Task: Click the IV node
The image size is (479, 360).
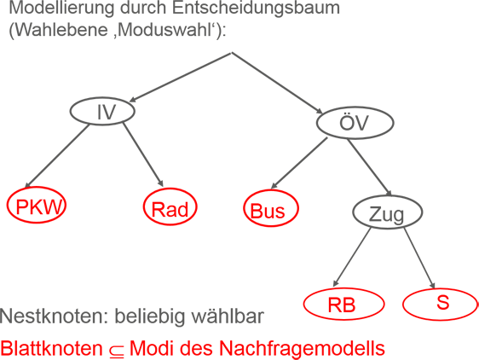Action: tap(102, 111)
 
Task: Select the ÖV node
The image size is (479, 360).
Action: tap(355, 123)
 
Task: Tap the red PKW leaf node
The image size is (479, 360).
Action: tap(37, 205)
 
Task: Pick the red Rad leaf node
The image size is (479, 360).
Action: tap(170, 207)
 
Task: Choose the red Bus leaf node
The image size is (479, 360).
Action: tap(271, 208)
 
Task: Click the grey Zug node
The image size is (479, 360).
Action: tap(388, 212)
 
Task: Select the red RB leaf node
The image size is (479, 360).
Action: tap(343, 304)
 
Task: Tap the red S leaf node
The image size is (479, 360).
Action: tap(440, 304)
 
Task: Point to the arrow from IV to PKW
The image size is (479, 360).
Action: tap(57, 155)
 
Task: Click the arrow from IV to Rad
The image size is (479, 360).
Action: tap(143, 154)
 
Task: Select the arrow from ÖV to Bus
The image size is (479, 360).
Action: tap(299, 163)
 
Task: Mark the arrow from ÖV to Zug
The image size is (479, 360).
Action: tap(369, 167)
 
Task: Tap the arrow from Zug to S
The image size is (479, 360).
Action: tap(419, 258)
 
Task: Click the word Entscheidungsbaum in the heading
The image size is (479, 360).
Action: tap(256, 9)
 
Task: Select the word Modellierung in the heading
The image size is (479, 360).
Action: tap(61, 9)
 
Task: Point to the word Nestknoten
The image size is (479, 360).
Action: tap(54, 316)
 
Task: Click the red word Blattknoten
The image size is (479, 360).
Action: tap(51, 348)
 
